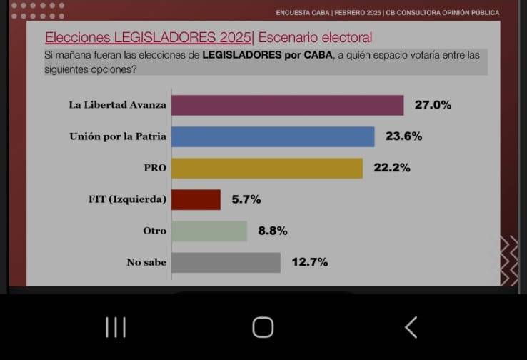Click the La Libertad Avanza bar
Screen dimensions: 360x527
pos(288,105)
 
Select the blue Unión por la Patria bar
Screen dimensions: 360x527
pos(273,136)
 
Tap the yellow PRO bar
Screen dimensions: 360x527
pos(267,169)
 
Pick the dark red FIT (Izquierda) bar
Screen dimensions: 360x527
pos(196,199)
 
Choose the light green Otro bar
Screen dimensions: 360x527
pos(209,231)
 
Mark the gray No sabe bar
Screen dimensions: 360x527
pos(226,262)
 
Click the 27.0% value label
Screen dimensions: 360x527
pos(433,105)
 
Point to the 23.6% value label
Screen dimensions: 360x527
pos(403,136)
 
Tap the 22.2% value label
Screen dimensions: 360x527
pos(392,169)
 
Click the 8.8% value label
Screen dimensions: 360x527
pos(272,231)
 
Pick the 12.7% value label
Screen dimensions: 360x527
pos(309,262)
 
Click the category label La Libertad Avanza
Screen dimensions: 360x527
pos(117,105)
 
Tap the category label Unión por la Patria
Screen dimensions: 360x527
pos(117,136)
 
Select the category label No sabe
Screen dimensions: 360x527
pos(146,262)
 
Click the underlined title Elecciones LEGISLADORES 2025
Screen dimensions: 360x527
pos(148,37)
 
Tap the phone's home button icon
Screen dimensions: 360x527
pos(263,327)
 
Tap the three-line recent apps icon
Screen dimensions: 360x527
pos(116,327)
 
